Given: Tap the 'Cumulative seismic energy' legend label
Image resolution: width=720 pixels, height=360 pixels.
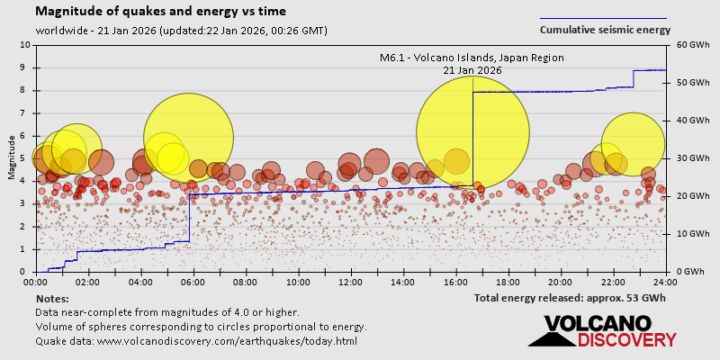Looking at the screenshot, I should click(x=605, y=30).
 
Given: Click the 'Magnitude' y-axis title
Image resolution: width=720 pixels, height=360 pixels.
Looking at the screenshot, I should click(x=11, y=158).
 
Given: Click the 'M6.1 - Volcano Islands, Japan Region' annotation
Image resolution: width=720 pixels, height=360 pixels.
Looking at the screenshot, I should click(x=472, y=58).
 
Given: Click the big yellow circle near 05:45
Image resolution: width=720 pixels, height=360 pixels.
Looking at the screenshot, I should click(x=188, y=138).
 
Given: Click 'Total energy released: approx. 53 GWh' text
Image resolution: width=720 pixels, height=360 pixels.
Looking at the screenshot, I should click(x=570, y=297).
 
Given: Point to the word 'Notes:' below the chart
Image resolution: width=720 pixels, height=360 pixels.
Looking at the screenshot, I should click(x=52, y=298).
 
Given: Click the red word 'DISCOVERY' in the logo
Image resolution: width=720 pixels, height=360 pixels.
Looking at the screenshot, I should click(x=626, y=339).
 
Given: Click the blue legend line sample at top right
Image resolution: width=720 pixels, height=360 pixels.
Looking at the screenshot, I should click(x=603, y=18).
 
